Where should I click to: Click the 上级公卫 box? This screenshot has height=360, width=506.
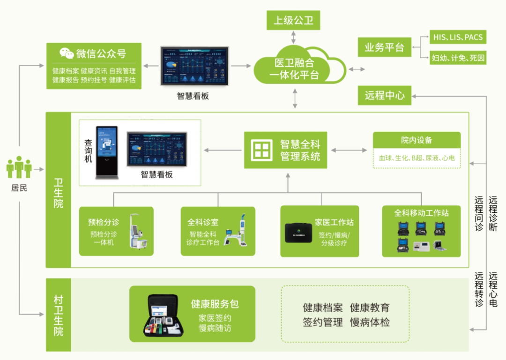pos(293,21)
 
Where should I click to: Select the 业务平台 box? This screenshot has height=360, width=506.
pos(384,47)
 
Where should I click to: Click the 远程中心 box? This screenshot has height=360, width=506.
pos(384,95)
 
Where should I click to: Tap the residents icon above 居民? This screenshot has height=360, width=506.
pos(19,167)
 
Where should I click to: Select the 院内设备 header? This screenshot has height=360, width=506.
pos(417,140)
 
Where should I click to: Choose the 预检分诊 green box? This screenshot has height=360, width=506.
pos(117,231)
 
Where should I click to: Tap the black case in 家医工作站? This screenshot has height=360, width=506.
pos(298,232)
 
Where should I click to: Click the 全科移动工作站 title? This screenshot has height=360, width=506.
pos(421,213)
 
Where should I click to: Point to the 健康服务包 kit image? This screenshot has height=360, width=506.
pos(164,315)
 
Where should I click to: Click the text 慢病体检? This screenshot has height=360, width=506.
pos(370,322)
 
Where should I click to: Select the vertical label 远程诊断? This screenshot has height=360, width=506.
pos(493,213)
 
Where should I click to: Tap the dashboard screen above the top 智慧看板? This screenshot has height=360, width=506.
pos(194,66)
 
